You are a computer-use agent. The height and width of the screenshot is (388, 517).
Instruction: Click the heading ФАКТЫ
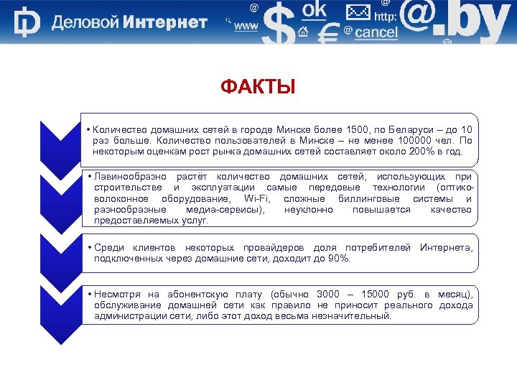tap(258, 88)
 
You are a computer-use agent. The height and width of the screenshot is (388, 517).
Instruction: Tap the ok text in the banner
tap(315, 9)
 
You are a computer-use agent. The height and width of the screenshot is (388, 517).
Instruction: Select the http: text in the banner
tap(386, 17)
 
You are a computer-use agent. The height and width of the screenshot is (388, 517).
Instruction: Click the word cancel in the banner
tap(376, 32)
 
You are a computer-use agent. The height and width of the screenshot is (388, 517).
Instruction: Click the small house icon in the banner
tap(302, 32)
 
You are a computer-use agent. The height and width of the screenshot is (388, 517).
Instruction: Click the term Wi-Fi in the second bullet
tap(257, 198)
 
